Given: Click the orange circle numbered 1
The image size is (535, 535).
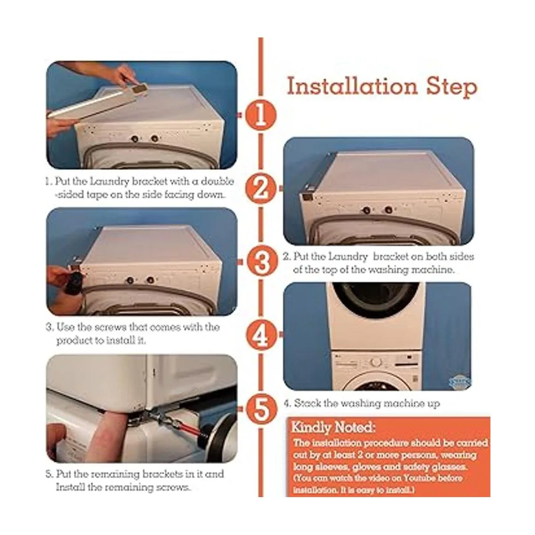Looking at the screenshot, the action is [x=260, y=115].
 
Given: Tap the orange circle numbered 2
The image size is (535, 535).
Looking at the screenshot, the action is [x=261, y=189].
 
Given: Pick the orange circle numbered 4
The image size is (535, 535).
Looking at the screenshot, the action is [x=261, y=335].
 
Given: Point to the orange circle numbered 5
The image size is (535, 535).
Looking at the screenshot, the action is [x=261, y=409].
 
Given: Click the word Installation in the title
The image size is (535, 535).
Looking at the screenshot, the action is [x=352, y=86].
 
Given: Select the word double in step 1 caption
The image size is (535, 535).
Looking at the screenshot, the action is [x=218, y=181].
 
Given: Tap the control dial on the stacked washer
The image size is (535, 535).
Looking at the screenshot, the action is [x=376, y=362].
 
